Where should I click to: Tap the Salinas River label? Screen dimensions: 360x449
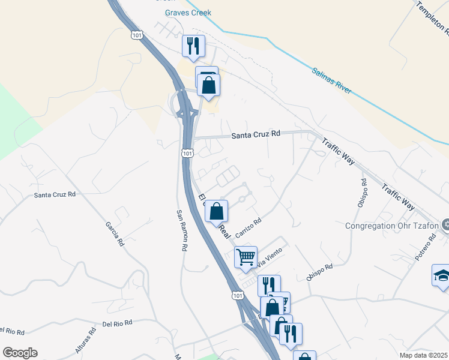click(x=331, y=80)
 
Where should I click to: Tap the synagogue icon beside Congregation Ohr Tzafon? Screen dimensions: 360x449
click(x=445, y=226)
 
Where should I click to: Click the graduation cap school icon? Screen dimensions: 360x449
click(x=441, y=276)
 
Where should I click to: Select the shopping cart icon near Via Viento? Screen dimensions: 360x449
click(x=246, y=257)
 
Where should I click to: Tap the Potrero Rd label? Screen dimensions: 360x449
click(x=424, y=248)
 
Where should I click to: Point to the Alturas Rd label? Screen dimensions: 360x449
click(x=86, y=342)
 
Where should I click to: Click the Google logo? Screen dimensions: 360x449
click(x=20, y=353)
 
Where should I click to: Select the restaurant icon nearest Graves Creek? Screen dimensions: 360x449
click(x=193, y=46)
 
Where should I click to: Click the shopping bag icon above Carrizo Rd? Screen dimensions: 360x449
click(x=217, y=211)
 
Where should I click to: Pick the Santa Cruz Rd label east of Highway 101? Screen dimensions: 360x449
click(x=256, y=136)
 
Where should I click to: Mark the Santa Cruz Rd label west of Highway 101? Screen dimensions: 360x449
click(x=55, y=194)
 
